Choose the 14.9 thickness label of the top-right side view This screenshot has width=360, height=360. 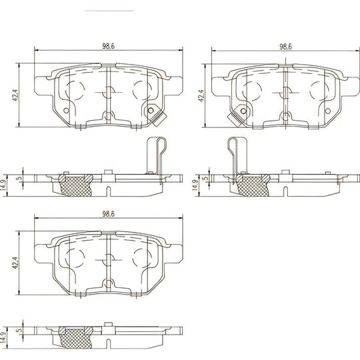(x=194, y=184)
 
